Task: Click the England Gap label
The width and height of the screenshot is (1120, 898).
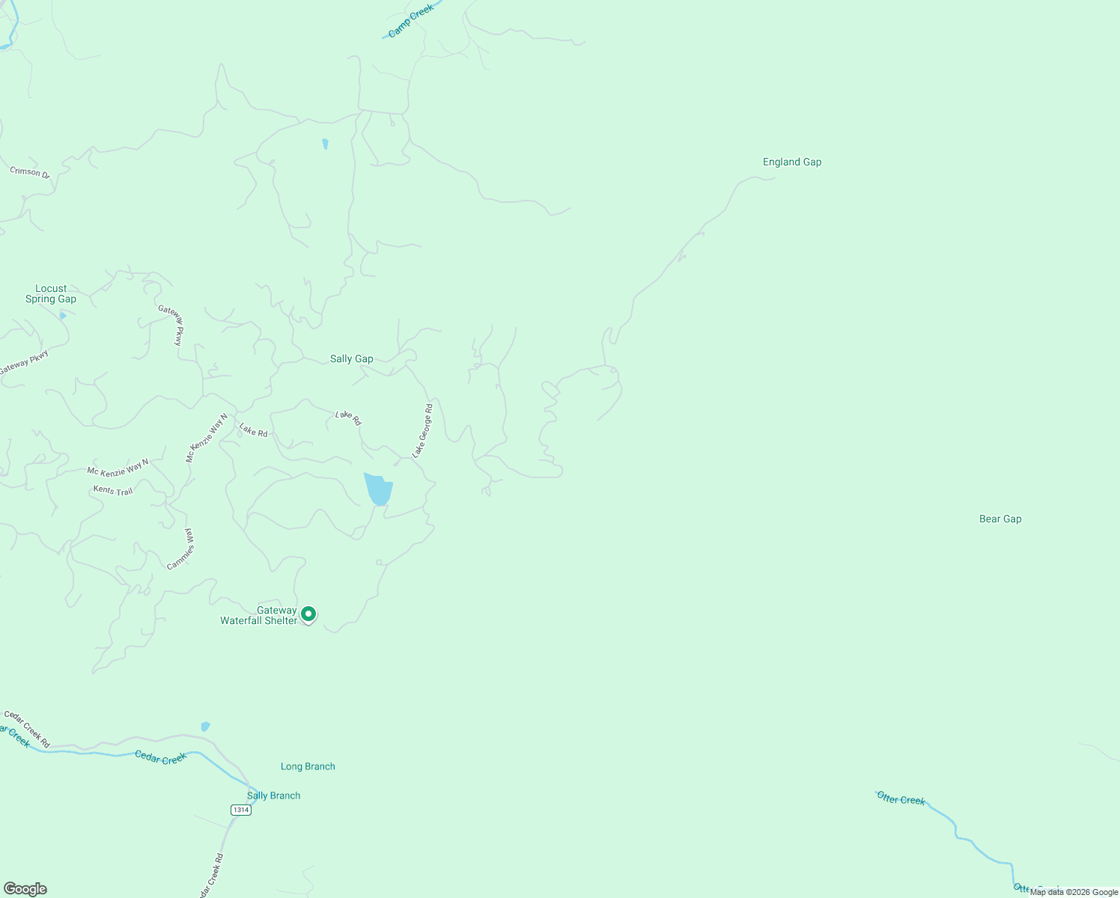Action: click(x=792, y=162)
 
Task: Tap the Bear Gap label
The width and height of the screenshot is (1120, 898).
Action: click(x=1000, y=519)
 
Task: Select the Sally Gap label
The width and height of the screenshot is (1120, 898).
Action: click(x=351, y=359)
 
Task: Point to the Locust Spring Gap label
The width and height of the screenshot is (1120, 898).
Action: click(x=51, y=294)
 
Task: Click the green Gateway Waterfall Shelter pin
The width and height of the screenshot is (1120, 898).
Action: click(x=308, y=614)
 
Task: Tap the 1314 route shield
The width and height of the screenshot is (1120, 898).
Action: click(x=240, y=810)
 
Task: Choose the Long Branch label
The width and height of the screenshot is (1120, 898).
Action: click(x=308, y=767)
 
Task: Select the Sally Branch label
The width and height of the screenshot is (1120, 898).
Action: click(x=273, y=796)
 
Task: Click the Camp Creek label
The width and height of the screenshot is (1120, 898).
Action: click(x=410, y=21)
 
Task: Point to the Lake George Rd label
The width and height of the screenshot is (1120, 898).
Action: click(x=423, y=431)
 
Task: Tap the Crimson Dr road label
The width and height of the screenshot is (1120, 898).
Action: click(x=29, y=173)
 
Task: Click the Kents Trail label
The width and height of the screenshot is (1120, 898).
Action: click(x=113, y=491)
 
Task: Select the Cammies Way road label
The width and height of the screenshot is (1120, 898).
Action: click(x=181, y=549)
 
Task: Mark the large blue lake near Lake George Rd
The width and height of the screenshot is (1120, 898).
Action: click(x=378, y=489)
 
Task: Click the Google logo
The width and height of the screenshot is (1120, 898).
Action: click(x=25, y=889)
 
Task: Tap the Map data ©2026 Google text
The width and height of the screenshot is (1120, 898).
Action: click(x=1074, y=892)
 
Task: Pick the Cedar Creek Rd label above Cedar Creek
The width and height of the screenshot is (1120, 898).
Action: click(x=27, y=729)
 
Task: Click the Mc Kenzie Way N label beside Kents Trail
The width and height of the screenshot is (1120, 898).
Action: click(x=118, y=468)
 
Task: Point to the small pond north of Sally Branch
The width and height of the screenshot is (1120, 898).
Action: click(x=206, y=726)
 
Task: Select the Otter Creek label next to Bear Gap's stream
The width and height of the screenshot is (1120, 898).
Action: click(x=901, y=799)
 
